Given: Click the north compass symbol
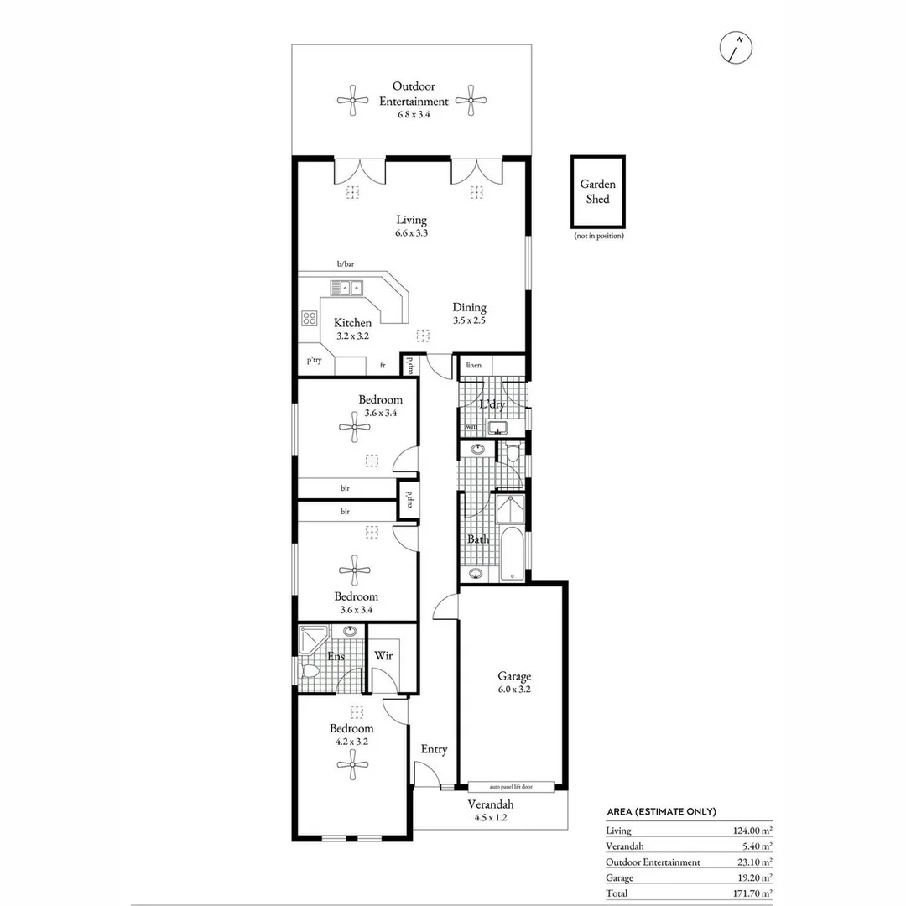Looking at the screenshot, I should pos(737,49).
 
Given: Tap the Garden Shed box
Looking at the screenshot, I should pos(598,192).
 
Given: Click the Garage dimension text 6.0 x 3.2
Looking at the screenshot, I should pos(513,690).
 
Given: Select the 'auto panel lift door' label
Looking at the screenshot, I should pos(511,787).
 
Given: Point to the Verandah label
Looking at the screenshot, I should pos(490,804).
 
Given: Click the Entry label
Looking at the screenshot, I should pos(434,749).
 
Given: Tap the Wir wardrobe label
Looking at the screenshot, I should pos(383,655).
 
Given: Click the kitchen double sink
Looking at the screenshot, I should pos(345,289).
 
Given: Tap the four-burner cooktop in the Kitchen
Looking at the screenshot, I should pos(309,318).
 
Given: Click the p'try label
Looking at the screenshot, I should pos(314,360).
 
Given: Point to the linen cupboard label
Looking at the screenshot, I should pos(473,366).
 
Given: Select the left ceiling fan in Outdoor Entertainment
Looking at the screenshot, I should pos(352,101).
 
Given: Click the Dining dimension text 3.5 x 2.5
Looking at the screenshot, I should pos(469,320).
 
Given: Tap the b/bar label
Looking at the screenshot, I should pos(346,264).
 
